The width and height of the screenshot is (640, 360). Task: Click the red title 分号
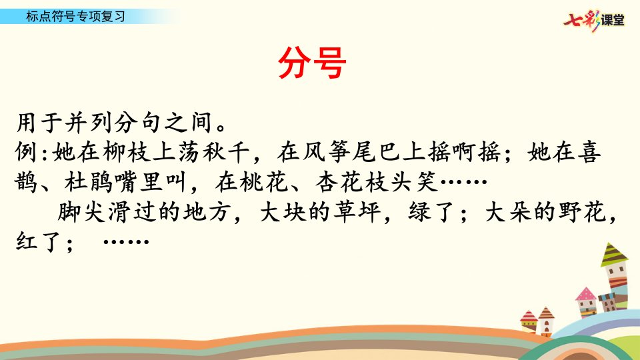coord(312,63)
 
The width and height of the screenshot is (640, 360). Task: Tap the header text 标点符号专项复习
coord(75,16)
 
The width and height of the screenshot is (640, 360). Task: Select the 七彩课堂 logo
coord(594,19)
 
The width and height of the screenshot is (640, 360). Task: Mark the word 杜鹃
coord(89,182)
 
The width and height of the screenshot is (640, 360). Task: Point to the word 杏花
coord(339,182)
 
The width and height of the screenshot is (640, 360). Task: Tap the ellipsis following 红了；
coord(126,241)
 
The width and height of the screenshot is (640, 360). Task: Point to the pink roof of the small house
coord(586,294)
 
